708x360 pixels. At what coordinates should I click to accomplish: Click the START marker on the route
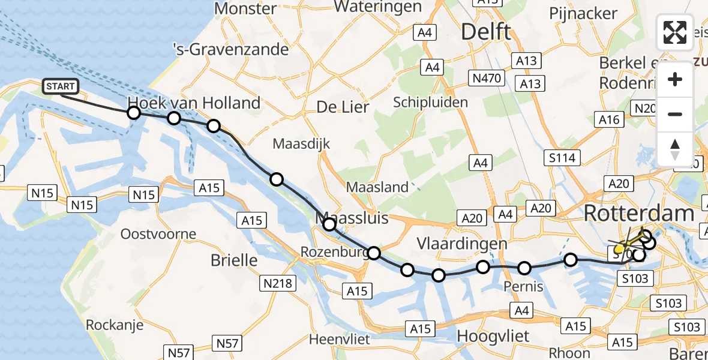coord(61,87)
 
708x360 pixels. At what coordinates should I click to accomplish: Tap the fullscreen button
coord(675,32)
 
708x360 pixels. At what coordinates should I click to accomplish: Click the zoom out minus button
coord(675,114)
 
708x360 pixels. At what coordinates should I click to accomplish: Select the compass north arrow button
coord(675,149)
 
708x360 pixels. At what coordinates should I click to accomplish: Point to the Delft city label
coord(486,32)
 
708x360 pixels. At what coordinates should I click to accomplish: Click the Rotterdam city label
coord(638,213)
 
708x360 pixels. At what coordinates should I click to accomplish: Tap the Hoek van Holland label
coord(194,103)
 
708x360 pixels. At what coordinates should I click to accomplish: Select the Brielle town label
coord(234,260)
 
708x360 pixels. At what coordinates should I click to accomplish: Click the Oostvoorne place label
coord(158,234)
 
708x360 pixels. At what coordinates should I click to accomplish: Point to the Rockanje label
coord(115,325)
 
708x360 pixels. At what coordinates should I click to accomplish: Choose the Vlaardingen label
coord(463,244)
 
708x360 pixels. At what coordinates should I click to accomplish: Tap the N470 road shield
coord(486,77)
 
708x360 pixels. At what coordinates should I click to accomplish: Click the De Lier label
coord(342,107)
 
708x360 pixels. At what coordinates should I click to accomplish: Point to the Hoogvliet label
coord(493,336)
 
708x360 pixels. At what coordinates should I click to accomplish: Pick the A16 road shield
coord(609,120)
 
